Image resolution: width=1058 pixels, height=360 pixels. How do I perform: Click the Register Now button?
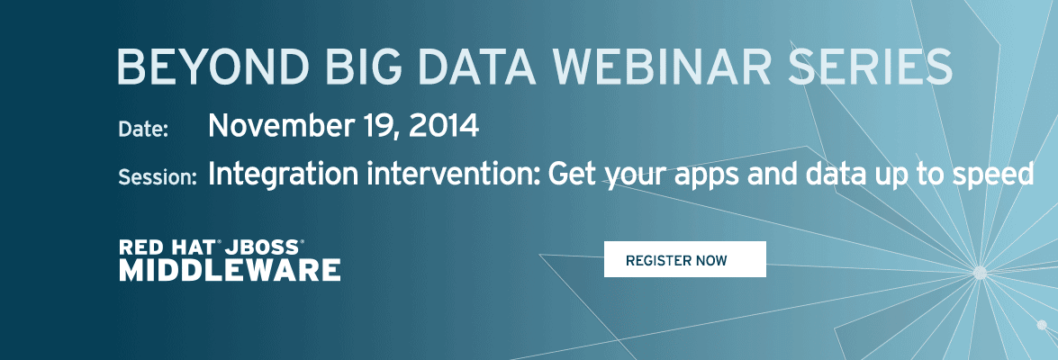685,259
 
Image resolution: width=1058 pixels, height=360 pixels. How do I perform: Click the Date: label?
143,129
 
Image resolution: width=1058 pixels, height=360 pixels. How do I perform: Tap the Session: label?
158,177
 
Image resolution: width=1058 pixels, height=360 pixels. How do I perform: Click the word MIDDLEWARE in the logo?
231,270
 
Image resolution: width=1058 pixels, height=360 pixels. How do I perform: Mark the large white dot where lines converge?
980,273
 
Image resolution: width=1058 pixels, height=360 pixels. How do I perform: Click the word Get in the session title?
573,175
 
